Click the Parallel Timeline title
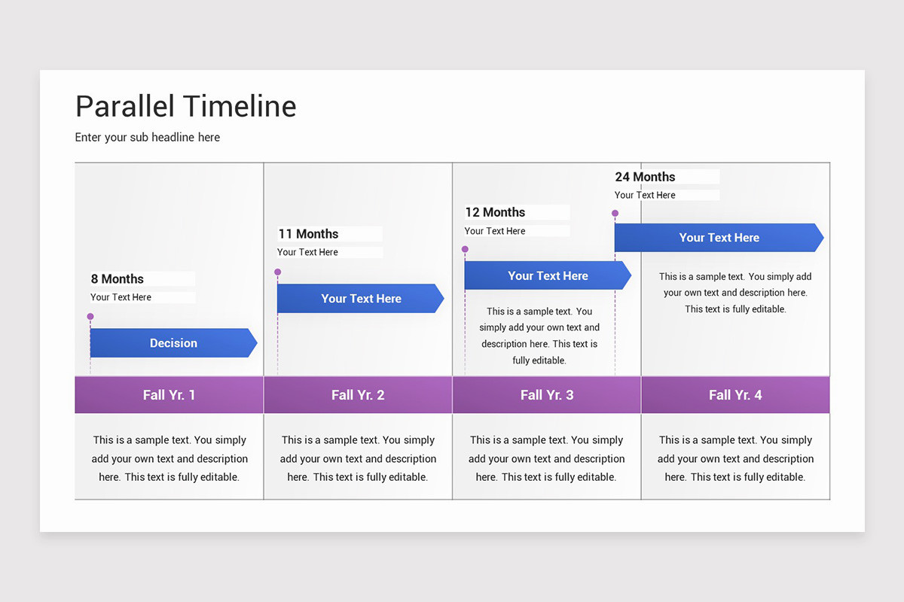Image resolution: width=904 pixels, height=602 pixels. (185, 106)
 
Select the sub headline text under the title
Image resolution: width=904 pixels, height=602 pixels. (148, 137)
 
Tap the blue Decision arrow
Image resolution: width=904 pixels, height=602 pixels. (173, 343)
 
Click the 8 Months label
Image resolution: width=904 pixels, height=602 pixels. (118, 279)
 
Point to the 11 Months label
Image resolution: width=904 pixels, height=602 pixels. (309, 234)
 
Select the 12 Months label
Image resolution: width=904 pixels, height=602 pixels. (495, 212)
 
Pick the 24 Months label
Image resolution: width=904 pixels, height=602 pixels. (645, 177)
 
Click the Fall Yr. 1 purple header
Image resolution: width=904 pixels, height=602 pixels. (169, 395)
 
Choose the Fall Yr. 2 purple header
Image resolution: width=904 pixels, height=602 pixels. (358, 395)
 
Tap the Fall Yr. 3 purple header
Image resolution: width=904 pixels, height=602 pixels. (547, 395)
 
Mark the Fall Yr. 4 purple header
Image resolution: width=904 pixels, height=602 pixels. (735, 395)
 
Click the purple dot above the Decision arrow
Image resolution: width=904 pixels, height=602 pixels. (90, 317)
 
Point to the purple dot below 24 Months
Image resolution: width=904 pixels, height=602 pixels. (615, 214)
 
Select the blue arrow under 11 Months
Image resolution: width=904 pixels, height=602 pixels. (361, 299)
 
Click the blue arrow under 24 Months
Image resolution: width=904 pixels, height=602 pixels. (719, 238)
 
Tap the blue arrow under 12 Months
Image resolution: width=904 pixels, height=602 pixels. (548, 276)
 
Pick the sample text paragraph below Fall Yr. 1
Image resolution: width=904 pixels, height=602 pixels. (169, 458)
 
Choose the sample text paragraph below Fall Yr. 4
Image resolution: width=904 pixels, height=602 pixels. (735, 458)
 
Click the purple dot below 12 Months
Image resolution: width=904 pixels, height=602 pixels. (465, 249)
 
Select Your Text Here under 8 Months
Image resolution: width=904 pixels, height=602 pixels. (121, 297)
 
